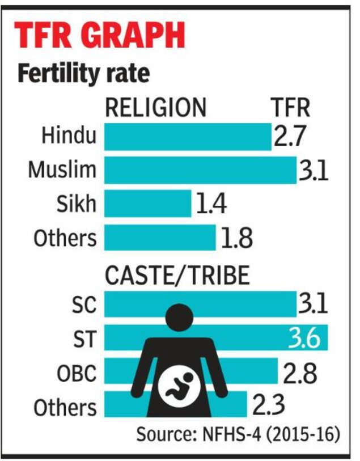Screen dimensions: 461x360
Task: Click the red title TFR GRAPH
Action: pos(99,36)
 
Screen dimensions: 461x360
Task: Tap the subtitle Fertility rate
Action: pos(83,74)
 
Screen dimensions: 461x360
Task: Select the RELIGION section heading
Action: pos(155,107)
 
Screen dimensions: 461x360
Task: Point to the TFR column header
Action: pos(289,107)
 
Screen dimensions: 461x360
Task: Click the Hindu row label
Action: pos(69,137)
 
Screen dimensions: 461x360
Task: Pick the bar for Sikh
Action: pos(147,203)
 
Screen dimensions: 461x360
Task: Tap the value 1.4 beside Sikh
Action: pos(211,203)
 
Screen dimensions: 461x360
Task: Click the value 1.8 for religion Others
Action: pos(235,237)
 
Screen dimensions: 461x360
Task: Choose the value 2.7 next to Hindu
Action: pos(289,137)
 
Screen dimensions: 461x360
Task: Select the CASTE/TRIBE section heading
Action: pos(177,276)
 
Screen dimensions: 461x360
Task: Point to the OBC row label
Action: pos(77,373)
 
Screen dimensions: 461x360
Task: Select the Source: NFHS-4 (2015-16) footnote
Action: pos(238,435)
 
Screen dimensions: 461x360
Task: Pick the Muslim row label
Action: pos(62,170)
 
